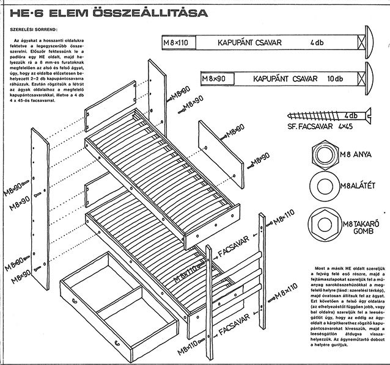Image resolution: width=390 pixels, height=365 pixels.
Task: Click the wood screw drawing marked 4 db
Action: [324, 115]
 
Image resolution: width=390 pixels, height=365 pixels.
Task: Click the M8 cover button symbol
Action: [322, 220]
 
